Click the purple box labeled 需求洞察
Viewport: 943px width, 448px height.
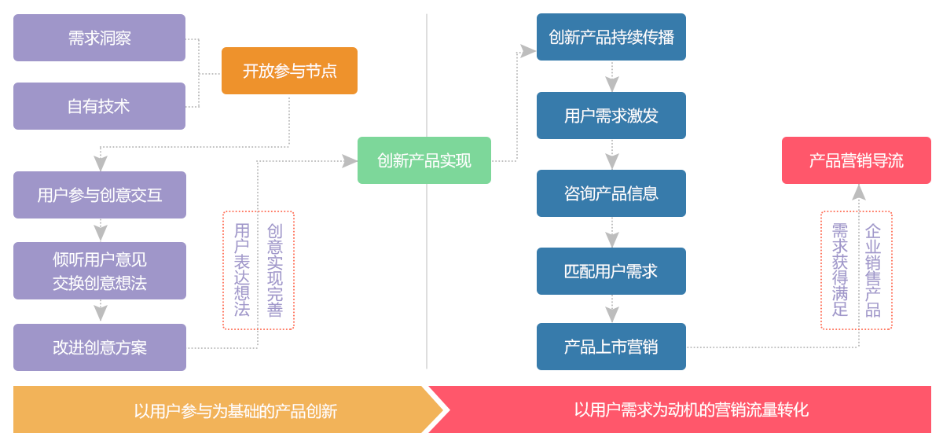(x=99, y=38)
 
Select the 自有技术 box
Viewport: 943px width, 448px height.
(x=99, y=106)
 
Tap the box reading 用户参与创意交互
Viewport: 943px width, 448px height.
(x=99, y=195)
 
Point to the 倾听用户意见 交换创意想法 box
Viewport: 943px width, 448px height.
(x=99, y=271)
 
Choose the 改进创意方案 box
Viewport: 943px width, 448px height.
(x=99, y=347)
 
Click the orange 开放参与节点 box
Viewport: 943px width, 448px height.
(x=289, y=71)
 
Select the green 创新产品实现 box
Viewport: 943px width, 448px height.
(x=424, y=160)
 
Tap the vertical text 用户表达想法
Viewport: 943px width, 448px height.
(x=242, y=270)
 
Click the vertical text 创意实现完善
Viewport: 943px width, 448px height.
(x=274, y=270)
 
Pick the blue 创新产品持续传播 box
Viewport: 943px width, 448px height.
(x=611, y=37)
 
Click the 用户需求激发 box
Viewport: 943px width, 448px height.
(x=611, y=116)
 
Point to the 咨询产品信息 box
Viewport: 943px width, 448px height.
(x=611, y=193)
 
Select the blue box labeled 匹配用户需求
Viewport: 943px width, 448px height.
(x=611, y=271)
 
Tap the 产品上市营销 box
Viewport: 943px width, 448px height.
(x=611, y=347)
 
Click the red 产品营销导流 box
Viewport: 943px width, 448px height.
(x=856, y=160)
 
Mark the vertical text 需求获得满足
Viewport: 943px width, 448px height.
(x=839, y=270)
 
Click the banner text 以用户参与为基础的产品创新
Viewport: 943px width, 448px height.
(x=235, y=410)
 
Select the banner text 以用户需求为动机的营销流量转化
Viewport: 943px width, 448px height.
(x=691, y=409)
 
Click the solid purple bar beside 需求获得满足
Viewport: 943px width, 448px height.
(x=873, y=270)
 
